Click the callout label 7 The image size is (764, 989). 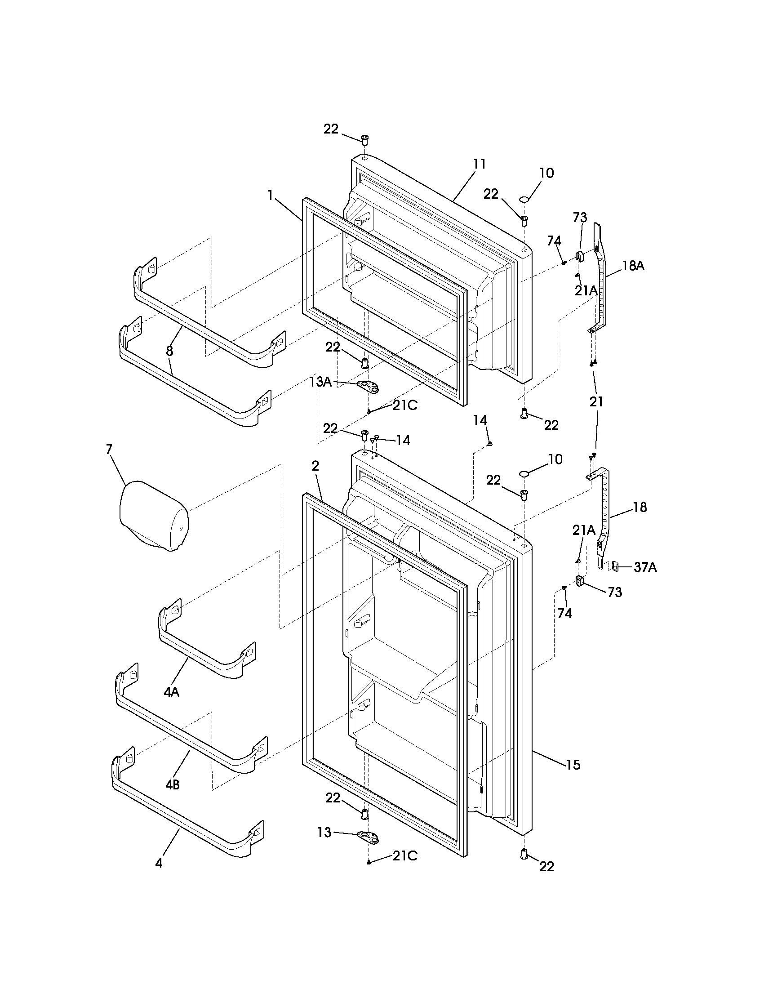109,449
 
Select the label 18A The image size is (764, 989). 633,266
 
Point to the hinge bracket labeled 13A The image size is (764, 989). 368,386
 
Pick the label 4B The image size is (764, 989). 172,785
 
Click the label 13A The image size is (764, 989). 320,382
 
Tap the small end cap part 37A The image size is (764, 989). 616,566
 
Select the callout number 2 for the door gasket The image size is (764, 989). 315,465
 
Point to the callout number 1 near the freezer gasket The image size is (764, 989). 270,195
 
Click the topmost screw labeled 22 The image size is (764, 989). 364,138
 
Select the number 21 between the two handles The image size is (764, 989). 596,401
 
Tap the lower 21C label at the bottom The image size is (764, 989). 404,855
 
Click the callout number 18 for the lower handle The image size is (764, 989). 640,507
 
